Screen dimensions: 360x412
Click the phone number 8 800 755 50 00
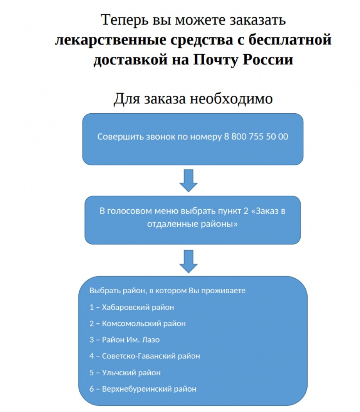(x=256, y=137)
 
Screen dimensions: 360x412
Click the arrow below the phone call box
(x=189, y=180)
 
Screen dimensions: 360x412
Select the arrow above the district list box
(x=189, y=261)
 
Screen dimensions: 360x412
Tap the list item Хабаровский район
(x=132, y=307)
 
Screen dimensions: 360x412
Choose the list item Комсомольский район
(x=137, y=323)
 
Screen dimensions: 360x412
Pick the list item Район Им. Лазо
(x=125, y=340)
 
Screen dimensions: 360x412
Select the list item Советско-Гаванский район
(x=144, y=356)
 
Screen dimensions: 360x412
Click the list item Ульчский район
(x=125, y=373)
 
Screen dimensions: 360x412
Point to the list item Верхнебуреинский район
(x=143, y=389)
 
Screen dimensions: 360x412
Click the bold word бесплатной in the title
(x=290, y=39)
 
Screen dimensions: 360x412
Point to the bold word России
(x=268, y=60)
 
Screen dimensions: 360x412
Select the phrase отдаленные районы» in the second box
(x=192, y=224)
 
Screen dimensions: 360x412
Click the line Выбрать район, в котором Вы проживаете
(x=168, y=291)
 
